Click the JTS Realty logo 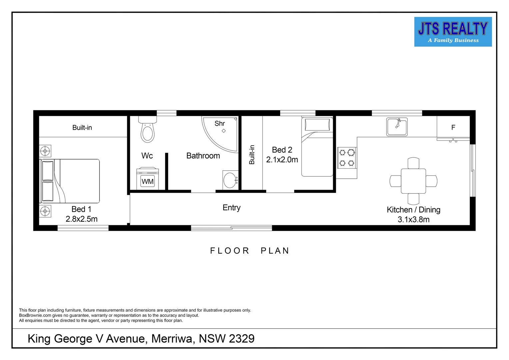(453, 32)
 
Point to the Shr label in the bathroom (220, 124)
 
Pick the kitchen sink (397, 127)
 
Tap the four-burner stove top (346, 158)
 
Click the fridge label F (453, 127)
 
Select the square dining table (413, 181)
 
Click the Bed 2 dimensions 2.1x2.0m (282, 160)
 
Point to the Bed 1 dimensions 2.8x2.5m (82, 219)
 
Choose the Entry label (232, 208)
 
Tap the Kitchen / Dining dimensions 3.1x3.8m (413, 219)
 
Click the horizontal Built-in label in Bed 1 (82, 128)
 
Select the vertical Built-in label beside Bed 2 (252, 155)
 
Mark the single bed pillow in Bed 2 (317, 125)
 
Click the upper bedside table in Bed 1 (45, 151)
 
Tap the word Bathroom (203, 156)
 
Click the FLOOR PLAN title (250, 251)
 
